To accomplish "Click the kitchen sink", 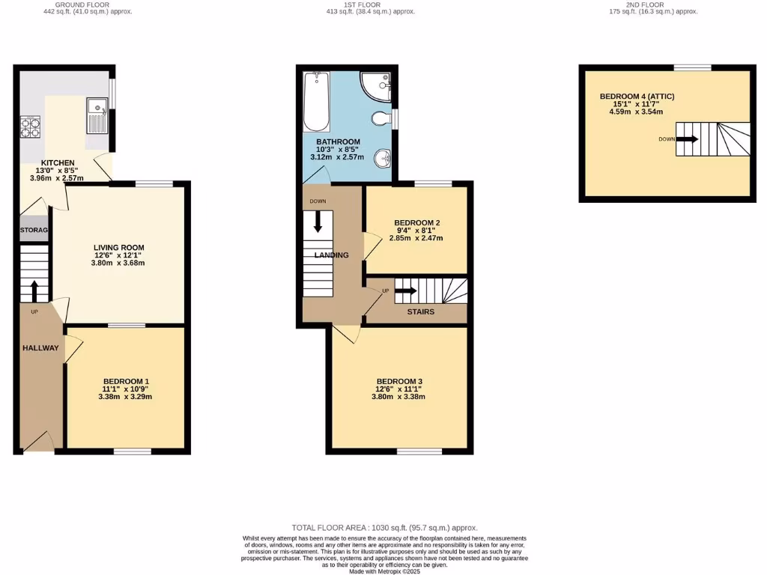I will [x=97, y=115].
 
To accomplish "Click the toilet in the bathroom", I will [x=382, y=119].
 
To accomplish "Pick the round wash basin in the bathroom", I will [x=383, y=158].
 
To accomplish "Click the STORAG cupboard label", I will [x=34, y=230].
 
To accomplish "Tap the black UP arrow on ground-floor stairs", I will [x=33, y=290].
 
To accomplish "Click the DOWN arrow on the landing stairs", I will [x=318, y=222].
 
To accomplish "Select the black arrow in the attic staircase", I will [x=687, y=139].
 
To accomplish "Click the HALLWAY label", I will [x=40, y=347].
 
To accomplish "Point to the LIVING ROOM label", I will [x=118, y=248].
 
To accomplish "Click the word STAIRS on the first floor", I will [x=420, y=311].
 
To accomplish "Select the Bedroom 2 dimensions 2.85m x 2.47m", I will [x=416, y=238].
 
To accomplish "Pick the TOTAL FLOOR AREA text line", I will [x=384, y=528].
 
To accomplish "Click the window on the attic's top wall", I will [x=692, y=67].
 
